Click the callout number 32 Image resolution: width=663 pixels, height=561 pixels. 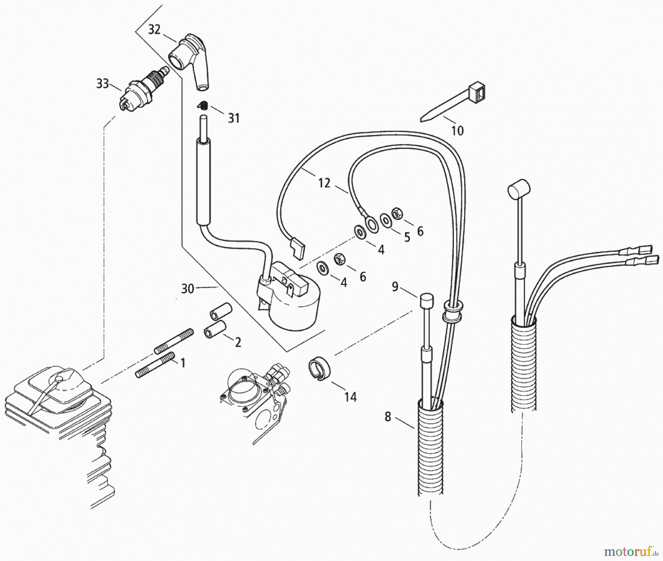154,29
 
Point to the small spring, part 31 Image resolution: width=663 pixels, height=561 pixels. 202,106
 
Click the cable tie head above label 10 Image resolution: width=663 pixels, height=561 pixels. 477,92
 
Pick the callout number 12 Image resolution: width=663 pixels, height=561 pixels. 324,183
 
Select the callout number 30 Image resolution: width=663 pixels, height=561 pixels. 187,288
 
